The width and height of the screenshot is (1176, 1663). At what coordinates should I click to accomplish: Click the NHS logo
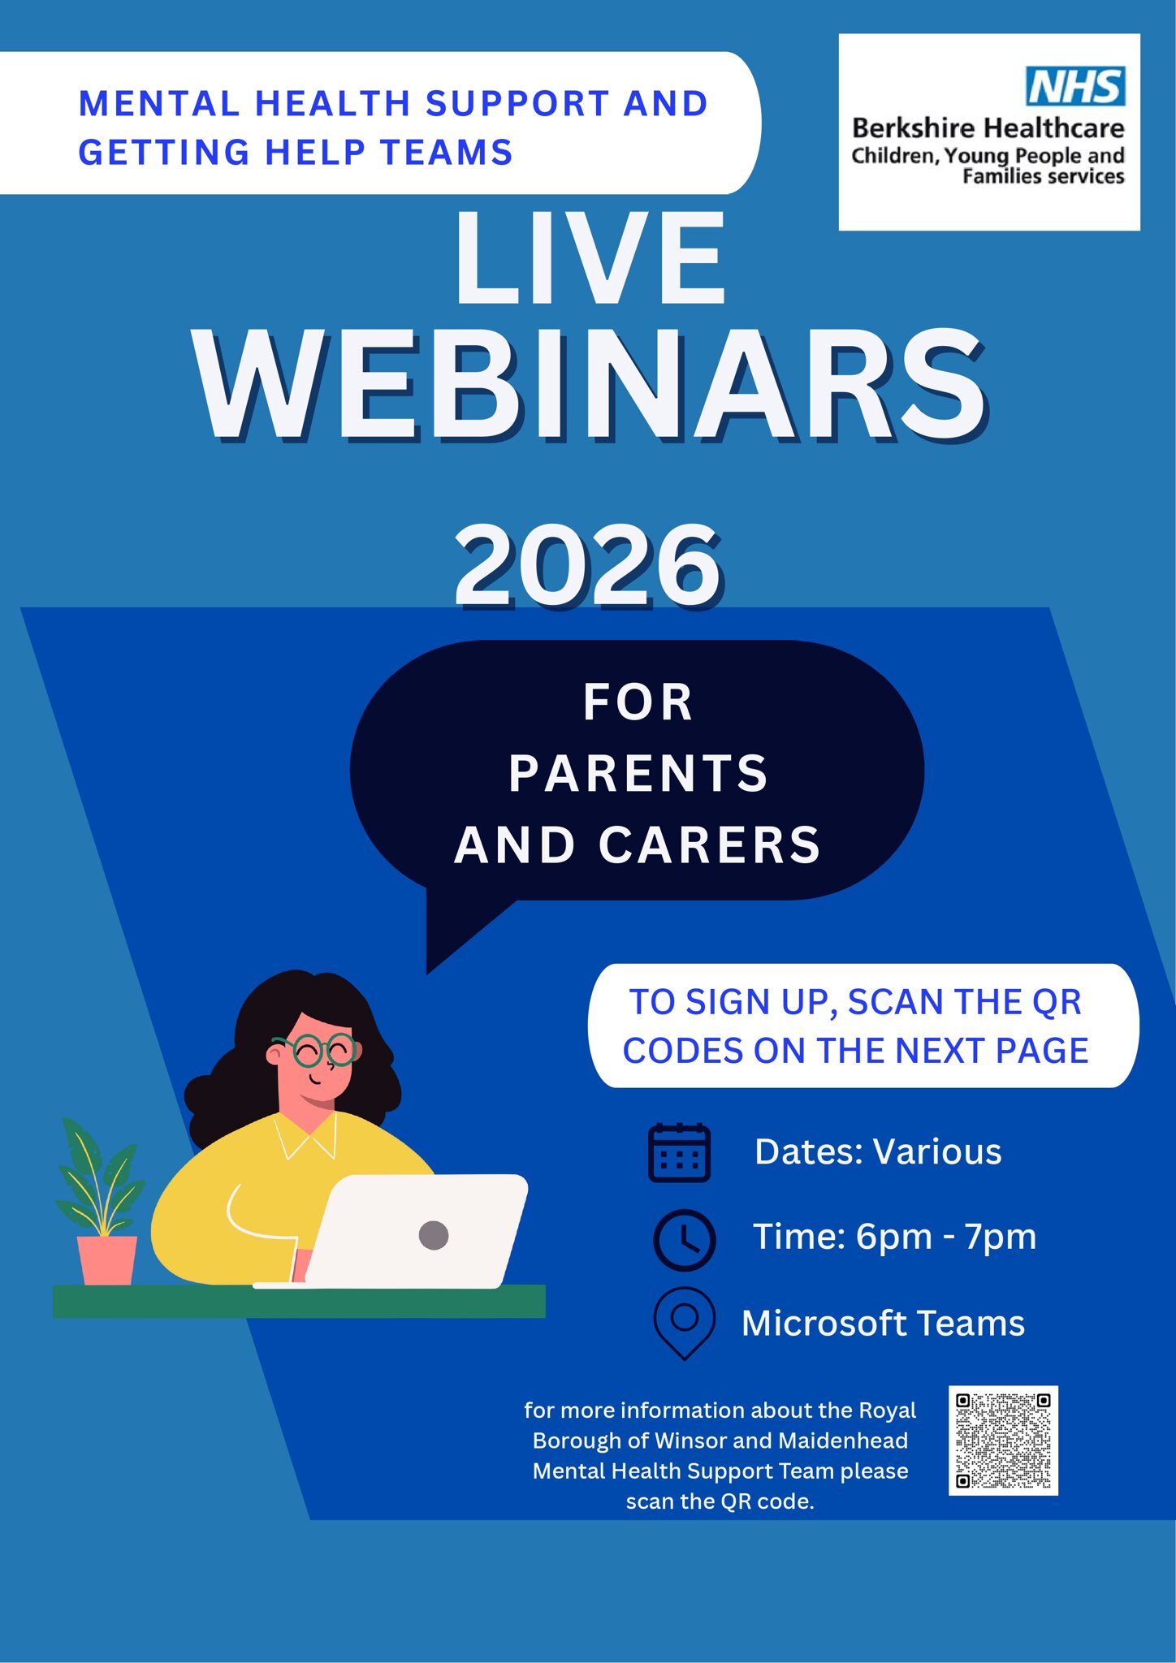(x=1075, y=86)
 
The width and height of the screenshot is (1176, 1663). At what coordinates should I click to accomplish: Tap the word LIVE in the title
(x=589, y=258)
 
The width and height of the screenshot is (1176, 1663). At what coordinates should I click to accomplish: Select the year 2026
(x=587, y=565)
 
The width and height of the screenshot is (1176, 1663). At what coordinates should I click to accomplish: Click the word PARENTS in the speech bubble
(x=638, y=773)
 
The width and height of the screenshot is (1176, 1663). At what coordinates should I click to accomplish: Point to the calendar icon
(x=679, y=1152)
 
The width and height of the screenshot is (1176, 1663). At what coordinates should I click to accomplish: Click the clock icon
(x=684, y=1240)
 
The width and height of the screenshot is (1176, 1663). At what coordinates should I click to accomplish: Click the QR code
(x=1003, y=1441)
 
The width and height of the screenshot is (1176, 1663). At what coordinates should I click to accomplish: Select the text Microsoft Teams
(x=883, y=1324)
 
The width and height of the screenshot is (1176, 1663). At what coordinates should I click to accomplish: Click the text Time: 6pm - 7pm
(x=894, y=1237)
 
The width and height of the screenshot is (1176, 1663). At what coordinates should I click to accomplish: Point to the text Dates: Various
(x=878, y=1151)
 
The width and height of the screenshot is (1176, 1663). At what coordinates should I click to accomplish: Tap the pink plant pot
(x=107, y=1259)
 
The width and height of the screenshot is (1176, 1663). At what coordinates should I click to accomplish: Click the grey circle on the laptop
(x=434, y=1235)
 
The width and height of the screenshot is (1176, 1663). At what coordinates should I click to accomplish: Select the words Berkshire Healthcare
(x=988, y=128)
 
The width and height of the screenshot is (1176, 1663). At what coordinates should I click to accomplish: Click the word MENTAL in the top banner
(x=159, y=104)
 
